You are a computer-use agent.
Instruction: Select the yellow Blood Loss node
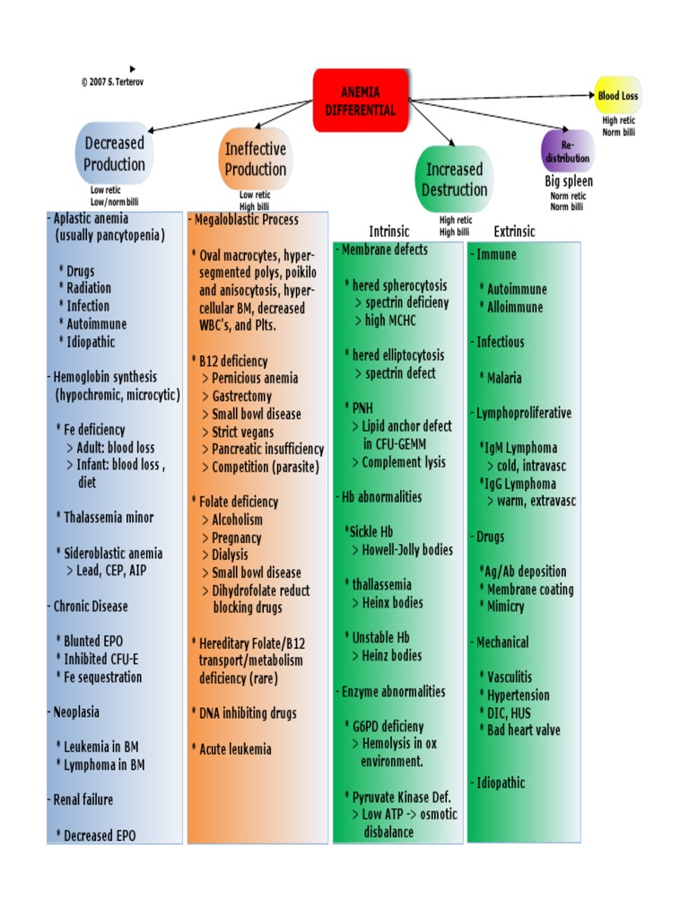tap(618, 95)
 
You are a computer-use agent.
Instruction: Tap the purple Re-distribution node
tap(567, 151)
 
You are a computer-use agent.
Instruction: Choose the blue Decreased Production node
tap(114, 153)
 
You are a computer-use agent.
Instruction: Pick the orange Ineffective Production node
tap(255, 159)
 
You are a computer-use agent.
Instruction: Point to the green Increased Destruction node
tap(454, 179)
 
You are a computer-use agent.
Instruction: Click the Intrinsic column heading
tap(389, 232)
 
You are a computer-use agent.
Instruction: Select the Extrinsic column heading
tap(514, 232)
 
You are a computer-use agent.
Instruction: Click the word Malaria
tap(504, 378)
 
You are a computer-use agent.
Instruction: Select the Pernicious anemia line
tap(255, 379)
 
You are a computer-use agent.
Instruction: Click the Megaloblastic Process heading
tap(244, 220)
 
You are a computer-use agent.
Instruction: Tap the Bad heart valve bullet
tap(523, 731)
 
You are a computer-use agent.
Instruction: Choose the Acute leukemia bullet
tap(234, 748)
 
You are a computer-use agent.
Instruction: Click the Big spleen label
tap(569, 181)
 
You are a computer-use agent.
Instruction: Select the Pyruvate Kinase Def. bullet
tap(401, 797)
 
